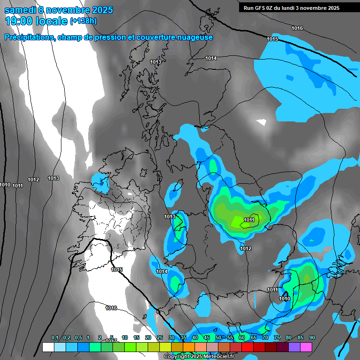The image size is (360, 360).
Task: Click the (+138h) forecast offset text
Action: point(83,21)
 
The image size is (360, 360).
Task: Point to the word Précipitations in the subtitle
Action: point(28,37)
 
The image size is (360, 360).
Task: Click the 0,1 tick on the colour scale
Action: point(55,338)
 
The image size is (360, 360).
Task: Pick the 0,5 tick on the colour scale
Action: point(78,338)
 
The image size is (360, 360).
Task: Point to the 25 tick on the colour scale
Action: point(160,338)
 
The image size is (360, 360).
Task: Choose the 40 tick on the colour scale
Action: point(195,338)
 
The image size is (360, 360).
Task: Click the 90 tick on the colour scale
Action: point(312,338)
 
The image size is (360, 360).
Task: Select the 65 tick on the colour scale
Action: point(253,338)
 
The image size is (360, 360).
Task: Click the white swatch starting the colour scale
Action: point(48,347)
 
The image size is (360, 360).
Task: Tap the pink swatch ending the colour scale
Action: point(306,347)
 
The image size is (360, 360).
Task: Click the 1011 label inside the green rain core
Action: point(249,220)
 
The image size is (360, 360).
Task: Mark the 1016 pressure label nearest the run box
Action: point(297,28)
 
